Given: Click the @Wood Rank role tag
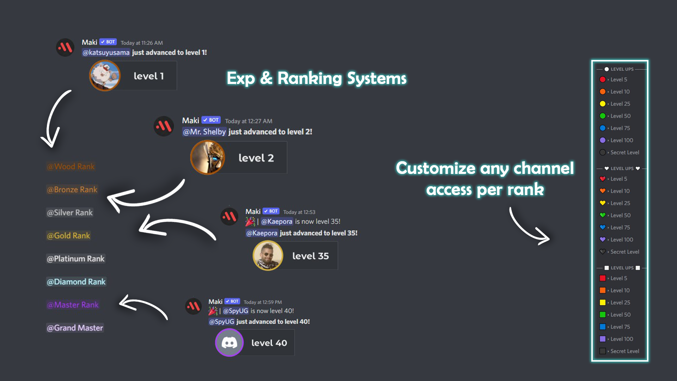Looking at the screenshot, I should click(71, 167).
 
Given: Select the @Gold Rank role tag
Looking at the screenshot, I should click(68, 236).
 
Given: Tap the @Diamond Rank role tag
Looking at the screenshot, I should click(76, 282).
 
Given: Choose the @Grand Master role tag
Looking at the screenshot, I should click(75, 328).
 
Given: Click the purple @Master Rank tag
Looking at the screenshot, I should click(73, 305).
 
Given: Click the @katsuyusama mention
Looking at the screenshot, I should click(106, 53).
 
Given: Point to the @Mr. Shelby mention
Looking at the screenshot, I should click(204, 132).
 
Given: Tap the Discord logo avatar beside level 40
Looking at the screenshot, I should click(229, 343).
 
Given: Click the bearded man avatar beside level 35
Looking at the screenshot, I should click(268, 256).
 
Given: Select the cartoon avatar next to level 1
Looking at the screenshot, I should click(105, 75).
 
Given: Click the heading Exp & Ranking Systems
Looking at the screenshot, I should click(316, 78).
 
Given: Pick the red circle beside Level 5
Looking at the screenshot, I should click(603, 80).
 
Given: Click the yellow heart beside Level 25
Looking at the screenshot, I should click(603, 203).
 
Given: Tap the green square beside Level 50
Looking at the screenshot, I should click(603, 315).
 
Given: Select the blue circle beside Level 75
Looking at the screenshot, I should click(603, 128).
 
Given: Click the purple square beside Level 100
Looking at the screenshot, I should click(603, 339).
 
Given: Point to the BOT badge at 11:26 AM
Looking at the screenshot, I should click(108, 42).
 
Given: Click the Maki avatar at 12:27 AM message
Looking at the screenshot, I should click(164, 126).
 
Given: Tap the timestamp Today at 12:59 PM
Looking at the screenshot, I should click(263, 302).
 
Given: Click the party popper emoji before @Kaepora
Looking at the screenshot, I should click(250, 222).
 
